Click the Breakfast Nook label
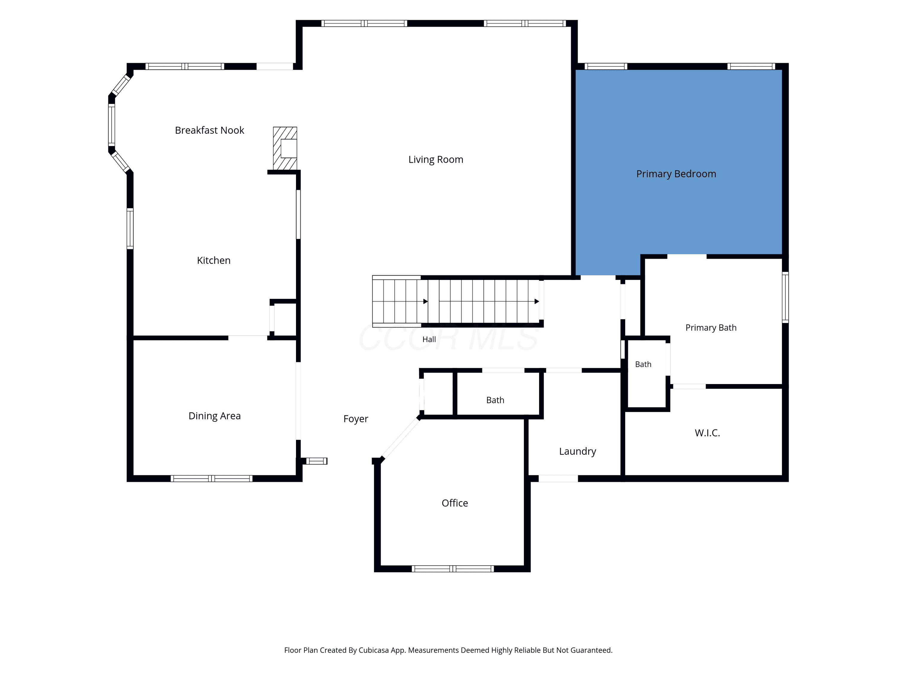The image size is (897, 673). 209,130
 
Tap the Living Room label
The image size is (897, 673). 436,159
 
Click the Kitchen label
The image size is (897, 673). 214,261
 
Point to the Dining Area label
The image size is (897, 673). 214,416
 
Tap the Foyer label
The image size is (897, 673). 356,419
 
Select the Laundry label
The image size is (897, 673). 577,451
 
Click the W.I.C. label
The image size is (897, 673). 707,433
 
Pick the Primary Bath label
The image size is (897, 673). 711,328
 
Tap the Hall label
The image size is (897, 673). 429,339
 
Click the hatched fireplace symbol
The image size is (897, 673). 285,148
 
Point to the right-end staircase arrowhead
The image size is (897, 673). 537,302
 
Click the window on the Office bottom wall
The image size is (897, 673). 453,569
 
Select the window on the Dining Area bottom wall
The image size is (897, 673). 211,479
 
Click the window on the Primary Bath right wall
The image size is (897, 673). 785,297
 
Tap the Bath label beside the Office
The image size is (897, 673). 495,401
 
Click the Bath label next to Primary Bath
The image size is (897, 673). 643,365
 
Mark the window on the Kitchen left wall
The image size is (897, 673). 130,229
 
